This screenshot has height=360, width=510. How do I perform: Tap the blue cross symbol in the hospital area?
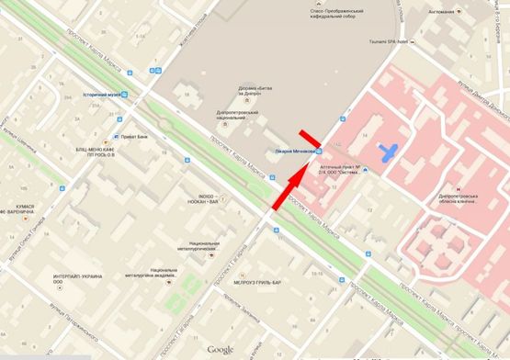coord(391,152)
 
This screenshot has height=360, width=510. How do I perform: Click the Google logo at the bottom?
coord(220,349)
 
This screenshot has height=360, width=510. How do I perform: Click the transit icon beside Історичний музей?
coord(125,95)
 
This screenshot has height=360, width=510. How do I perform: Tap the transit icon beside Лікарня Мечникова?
coord(319,152)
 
